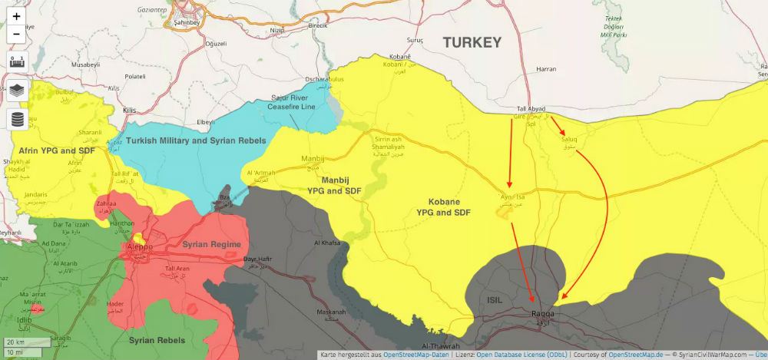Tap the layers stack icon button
(17, 91)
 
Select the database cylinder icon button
(17, 119)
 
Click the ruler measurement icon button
(17, 62)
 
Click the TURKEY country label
(465, 42)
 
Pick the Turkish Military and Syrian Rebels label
(196, 141)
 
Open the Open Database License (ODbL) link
(511, 355)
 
